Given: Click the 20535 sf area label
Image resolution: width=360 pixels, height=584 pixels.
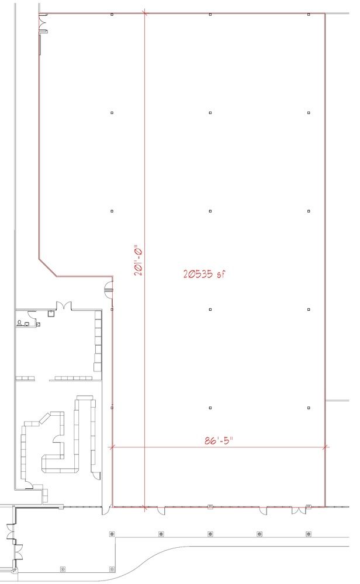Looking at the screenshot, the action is click(x=204, y=274).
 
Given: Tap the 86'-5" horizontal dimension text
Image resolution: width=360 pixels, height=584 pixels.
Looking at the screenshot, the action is click(x=219, y=440).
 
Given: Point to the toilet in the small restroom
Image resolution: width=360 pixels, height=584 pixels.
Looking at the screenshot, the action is click(x=19, y=322).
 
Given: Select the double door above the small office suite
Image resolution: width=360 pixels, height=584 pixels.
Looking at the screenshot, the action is click(x=64, y=306).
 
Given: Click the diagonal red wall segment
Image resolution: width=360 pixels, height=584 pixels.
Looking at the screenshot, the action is click(x=48, y=267).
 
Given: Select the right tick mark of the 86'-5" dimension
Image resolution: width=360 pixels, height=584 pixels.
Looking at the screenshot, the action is click(x=326, y=447).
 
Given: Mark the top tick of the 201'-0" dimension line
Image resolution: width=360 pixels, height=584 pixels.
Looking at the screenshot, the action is click(x=144, y=14).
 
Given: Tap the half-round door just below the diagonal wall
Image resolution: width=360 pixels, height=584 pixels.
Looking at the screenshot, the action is click(x=109, y=288).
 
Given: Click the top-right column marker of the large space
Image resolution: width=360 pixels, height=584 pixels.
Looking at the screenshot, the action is click(x=309, y=15).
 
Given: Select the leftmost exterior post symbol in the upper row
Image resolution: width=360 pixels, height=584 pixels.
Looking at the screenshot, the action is click(x=112, y=534).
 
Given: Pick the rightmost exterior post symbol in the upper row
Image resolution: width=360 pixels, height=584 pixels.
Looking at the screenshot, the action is click(x=309, y=534).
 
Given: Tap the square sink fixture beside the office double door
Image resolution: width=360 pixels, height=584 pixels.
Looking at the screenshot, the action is click(x=51, y=314).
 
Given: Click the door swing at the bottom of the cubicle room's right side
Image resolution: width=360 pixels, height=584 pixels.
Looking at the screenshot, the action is click(x=96, y=475).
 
